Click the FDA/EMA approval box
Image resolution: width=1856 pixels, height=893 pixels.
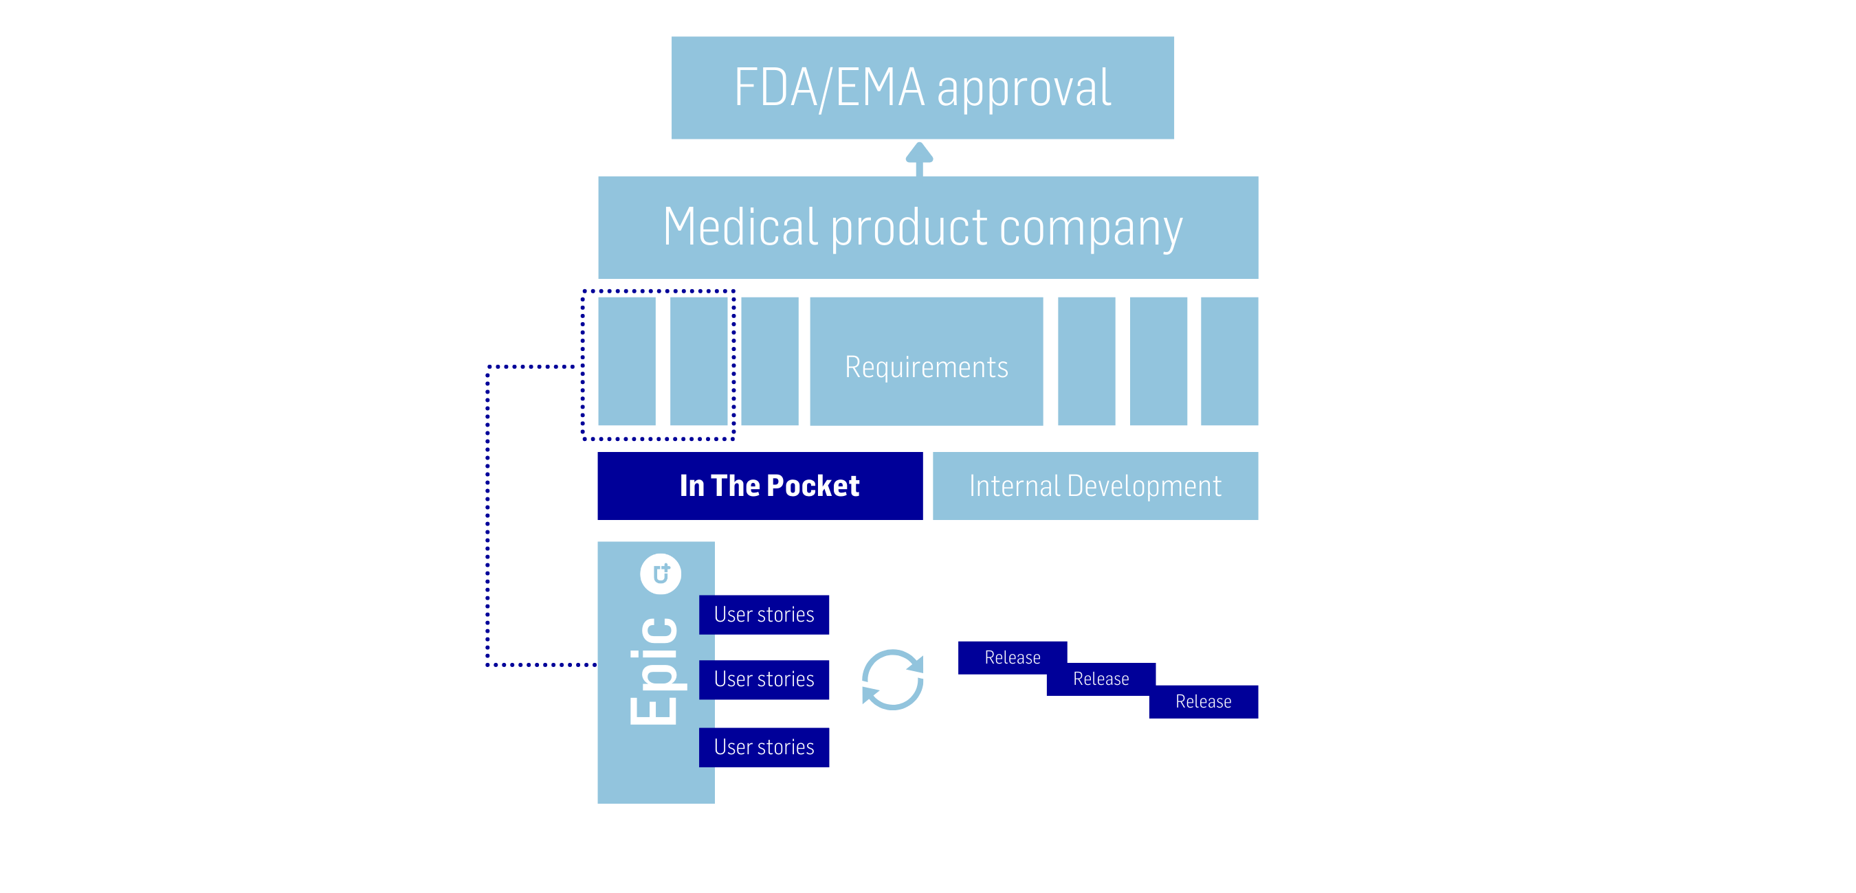(923, 88)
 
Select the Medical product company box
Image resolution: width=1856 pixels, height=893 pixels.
(927, 227)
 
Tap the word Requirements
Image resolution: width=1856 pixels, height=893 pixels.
(926, 368)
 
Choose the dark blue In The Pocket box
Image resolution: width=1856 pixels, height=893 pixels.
(760, 486)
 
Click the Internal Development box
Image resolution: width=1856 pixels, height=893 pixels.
(1095, 486)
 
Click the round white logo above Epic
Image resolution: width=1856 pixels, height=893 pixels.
(661, 574)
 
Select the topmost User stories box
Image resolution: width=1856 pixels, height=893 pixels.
(764, 614)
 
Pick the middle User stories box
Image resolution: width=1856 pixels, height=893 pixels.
(764, 679)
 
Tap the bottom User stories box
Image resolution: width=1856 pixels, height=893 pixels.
(764, 747)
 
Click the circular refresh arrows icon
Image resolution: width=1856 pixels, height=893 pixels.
(893, 679)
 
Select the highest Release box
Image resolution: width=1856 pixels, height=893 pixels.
(1013, 657)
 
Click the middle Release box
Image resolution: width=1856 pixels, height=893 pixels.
(1101, 679)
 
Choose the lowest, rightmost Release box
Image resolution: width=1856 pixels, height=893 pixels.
(1203, 701)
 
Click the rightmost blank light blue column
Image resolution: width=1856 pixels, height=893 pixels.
(1229, 361)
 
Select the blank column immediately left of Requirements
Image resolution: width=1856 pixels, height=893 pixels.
(769, 361)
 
